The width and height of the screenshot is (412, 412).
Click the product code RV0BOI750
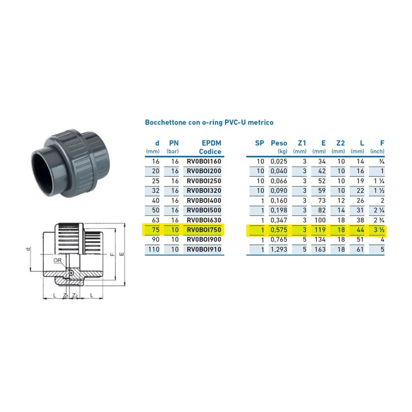coord(204,230)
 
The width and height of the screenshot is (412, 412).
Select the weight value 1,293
coord(279,249)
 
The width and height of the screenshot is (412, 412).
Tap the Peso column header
coord(279,143)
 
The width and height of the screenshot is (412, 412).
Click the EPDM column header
coord(211,143)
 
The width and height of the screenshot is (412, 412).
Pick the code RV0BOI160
coord(204,161)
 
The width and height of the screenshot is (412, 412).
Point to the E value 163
coord(320,249)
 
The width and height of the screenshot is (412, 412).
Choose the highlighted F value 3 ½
coord(379,230)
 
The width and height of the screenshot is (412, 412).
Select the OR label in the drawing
coord(57,260)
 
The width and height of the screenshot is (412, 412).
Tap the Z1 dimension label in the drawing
coord(65,296)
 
